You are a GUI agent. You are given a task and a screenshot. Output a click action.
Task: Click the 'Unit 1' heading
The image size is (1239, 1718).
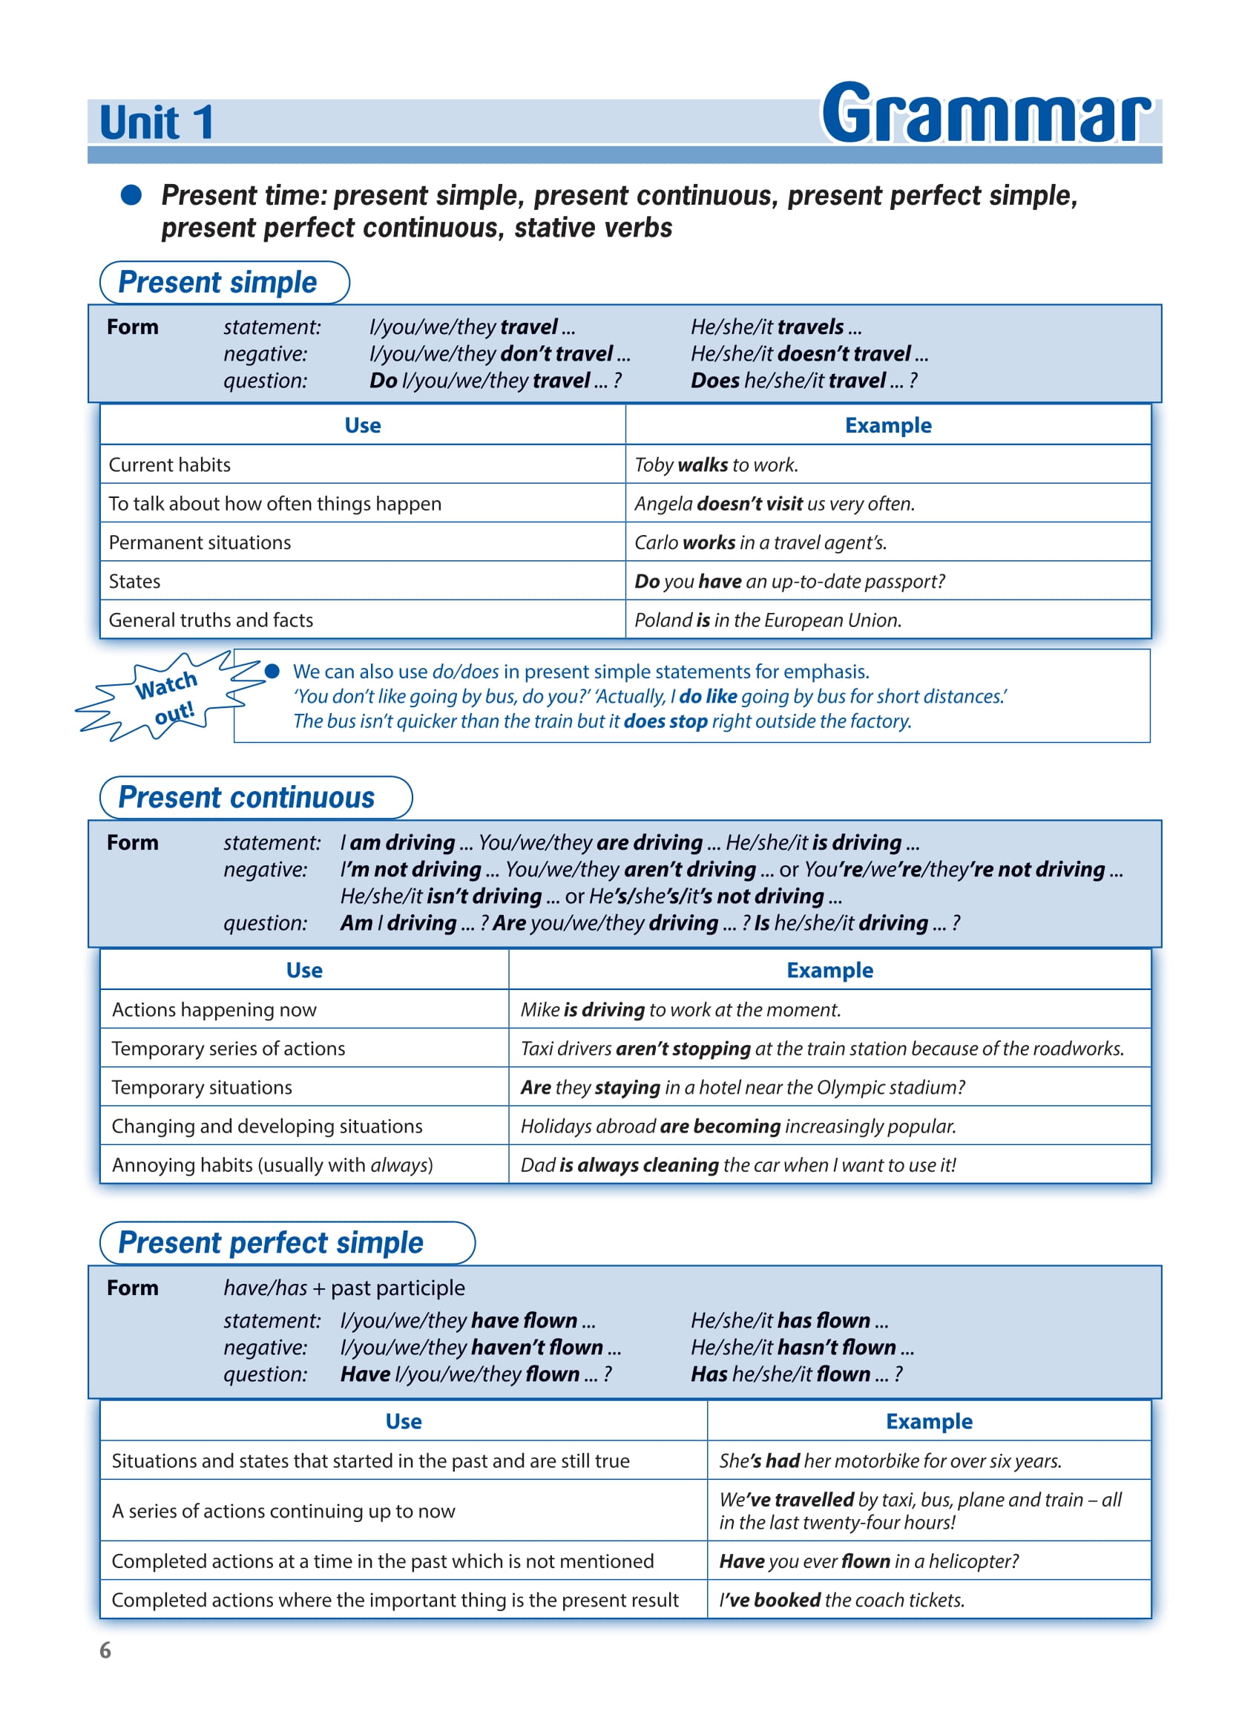tap(156, 122)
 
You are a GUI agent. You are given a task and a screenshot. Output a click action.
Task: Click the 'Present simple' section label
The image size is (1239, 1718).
tap(217, 283)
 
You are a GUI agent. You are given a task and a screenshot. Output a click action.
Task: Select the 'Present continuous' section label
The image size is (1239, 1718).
tap(246, 798)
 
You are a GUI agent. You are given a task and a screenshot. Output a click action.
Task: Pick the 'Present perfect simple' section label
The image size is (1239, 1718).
tap(270, 1243)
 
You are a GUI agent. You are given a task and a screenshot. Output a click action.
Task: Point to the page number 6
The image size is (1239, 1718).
tap(105, 1650)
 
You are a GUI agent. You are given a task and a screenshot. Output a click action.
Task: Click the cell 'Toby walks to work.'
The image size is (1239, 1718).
tap(717, 465)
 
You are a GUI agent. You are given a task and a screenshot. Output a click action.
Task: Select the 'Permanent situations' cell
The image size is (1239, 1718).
tap(200, 542)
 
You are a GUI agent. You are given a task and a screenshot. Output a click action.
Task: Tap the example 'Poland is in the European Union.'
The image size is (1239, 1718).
tap(768, 620)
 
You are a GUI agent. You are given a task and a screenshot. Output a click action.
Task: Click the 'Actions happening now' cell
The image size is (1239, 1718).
tap(214, 1010)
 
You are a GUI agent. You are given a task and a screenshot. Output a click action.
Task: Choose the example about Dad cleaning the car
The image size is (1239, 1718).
tap(737, 1165)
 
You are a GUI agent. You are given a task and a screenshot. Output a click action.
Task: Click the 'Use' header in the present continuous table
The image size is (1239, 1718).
tap(304, 971)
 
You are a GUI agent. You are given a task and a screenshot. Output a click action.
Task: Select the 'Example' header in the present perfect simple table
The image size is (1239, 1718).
tap(928, 1422)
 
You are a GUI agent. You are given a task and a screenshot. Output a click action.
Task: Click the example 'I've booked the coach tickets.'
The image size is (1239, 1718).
tap(841, 1600)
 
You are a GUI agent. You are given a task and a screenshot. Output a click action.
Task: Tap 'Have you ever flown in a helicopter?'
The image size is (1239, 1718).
tap(869, 1561)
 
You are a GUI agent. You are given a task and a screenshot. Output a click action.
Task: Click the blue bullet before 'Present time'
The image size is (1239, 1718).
tap(131, 195)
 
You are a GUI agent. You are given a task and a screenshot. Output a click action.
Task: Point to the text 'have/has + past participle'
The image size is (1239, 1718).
tap(344, 1288)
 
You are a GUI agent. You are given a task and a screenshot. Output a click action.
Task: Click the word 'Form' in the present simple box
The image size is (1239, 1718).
tap(133, 327)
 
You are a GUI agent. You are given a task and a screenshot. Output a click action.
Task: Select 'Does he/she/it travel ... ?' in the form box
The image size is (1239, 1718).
tap(803, 380)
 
